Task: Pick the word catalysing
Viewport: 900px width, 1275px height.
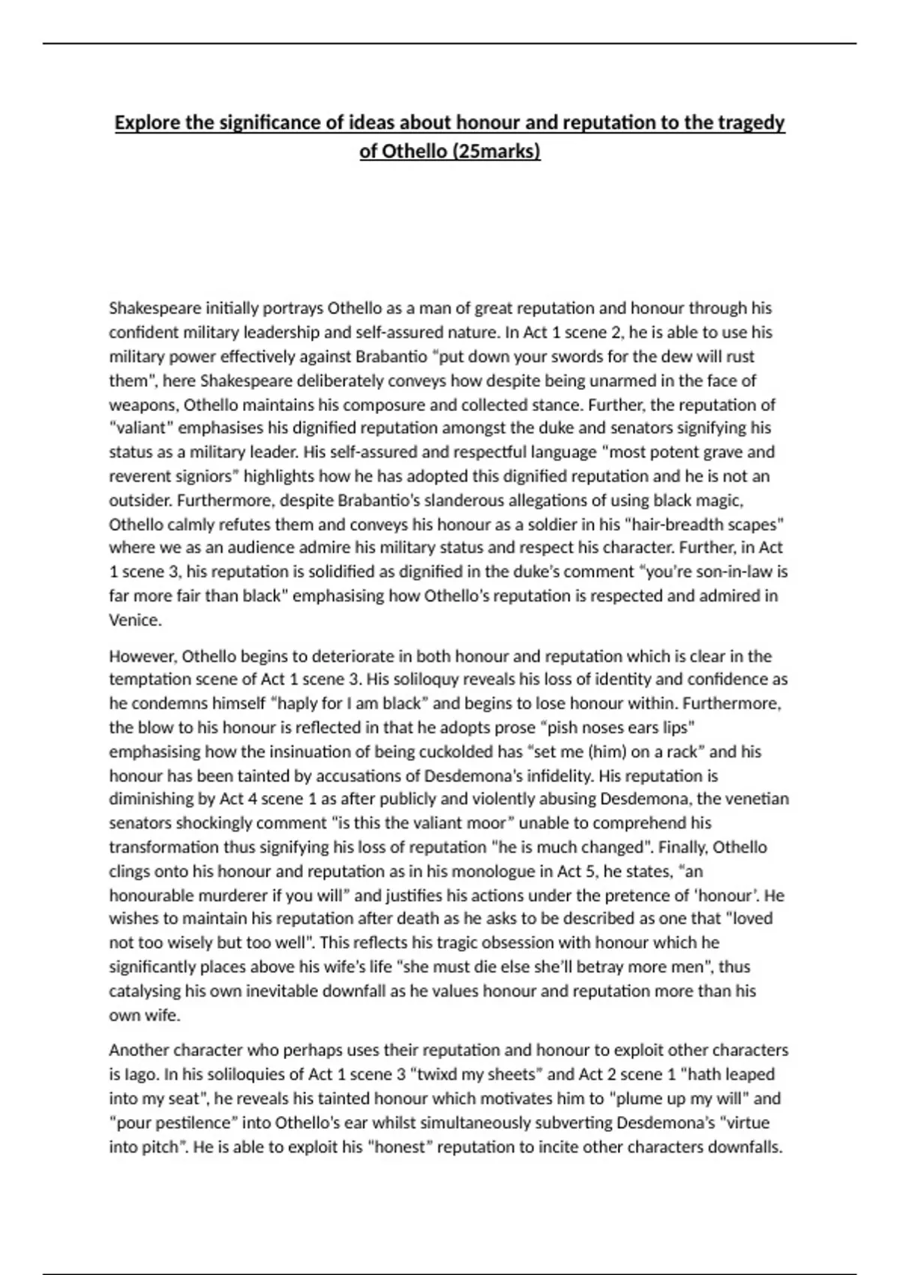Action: [145, 991]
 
